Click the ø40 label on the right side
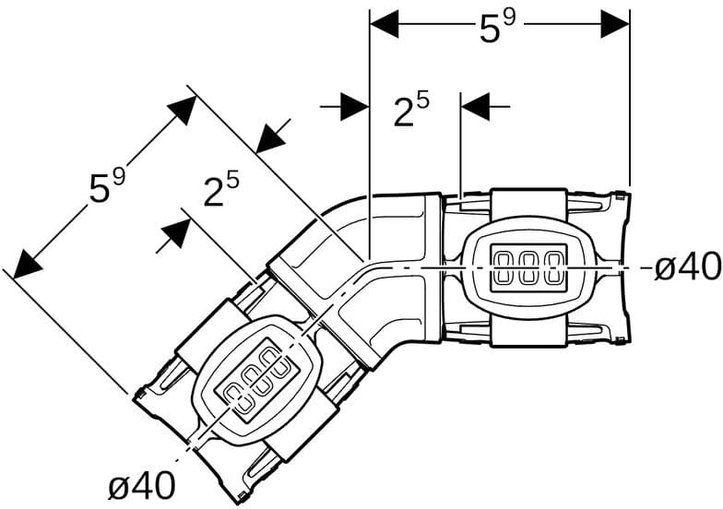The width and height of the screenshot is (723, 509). coord(687,267)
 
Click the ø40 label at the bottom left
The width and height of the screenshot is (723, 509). coord(141,485)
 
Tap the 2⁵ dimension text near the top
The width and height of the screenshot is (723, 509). coord(411,111)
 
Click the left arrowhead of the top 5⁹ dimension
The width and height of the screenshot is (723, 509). coord(384,24)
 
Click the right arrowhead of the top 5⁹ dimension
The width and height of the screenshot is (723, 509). coord(615,24)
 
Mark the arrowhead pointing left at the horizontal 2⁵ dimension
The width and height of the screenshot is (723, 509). coord(476,106)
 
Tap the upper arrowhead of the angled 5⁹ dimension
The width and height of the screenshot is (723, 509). coord(181,111)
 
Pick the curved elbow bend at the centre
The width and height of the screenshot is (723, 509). coord(369,267)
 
